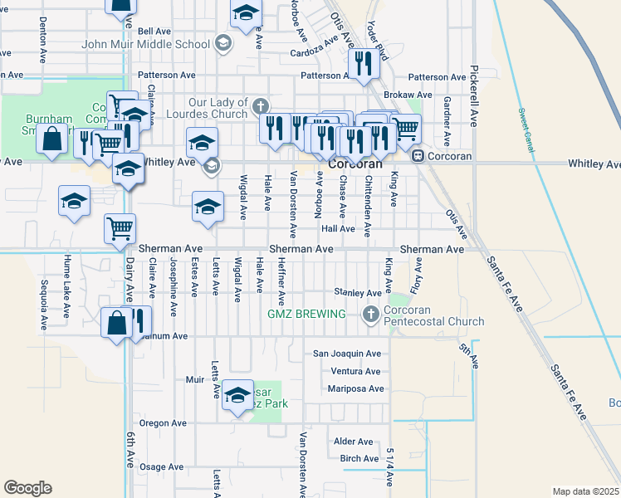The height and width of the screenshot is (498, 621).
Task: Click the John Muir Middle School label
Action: [x=146, y=43]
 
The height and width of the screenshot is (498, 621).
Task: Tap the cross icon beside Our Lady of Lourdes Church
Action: [x=261, y=106]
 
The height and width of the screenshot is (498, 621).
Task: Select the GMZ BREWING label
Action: [x=306, y=314]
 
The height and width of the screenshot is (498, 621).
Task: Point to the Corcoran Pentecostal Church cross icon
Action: [x=371, y=314]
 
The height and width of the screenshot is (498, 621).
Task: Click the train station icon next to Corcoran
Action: [x=418, y=155]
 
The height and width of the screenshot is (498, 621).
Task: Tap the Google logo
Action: [x=27, y=487]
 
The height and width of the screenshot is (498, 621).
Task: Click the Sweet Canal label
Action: [x=524, y=121]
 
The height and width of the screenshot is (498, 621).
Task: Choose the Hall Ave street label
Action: [x=338, y=228]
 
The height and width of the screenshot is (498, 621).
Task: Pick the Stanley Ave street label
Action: [x=357, y=292]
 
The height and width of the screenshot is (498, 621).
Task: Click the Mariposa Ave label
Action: [x=355, y=388]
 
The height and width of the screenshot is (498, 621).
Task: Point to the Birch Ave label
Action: [x=359, y=459]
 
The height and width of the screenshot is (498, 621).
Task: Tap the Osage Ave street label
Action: [x=155, y=467]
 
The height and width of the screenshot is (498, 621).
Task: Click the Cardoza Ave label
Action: [x=315, y=48]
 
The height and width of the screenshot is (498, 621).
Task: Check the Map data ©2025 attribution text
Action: [x=585, y=491]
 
